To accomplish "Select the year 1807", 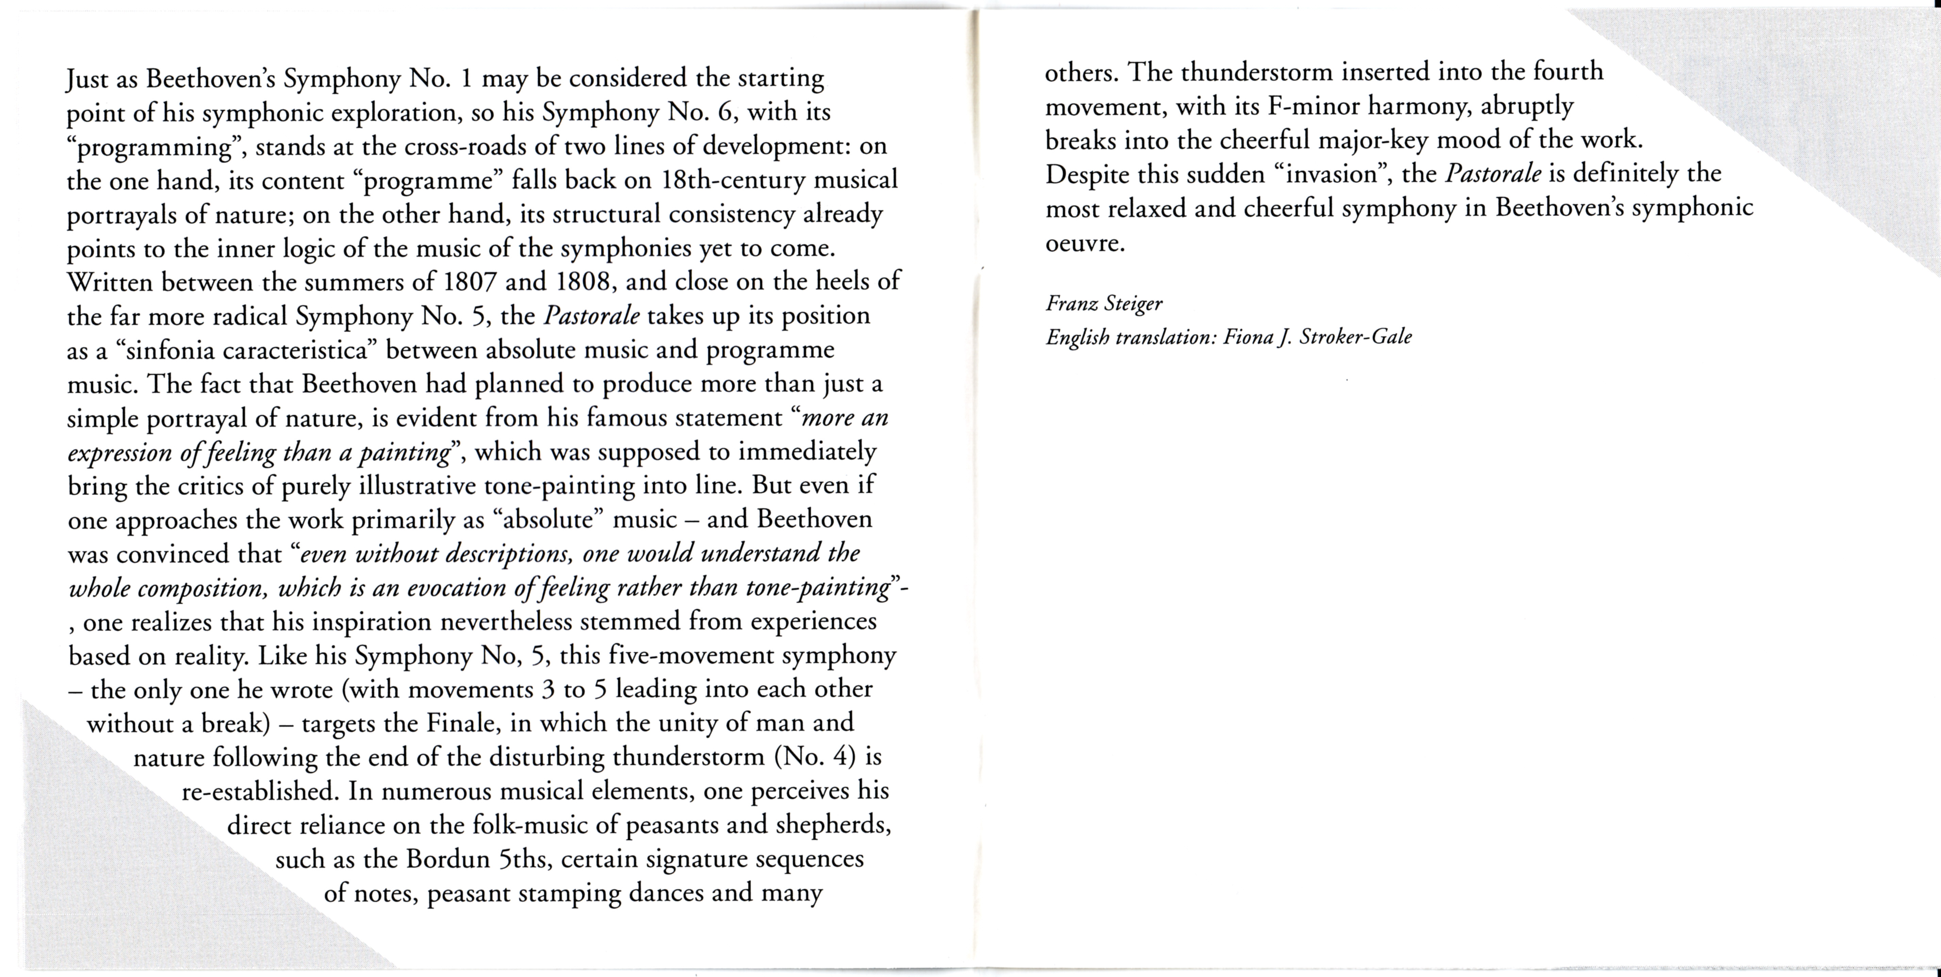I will tap(469, 282).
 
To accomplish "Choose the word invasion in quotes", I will tap(1335, 174).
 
